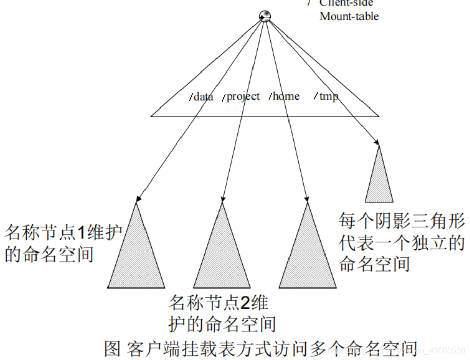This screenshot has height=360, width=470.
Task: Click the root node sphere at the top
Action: pyautogui.click(x=265, y=16)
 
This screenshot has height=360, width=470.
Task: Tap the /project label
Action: pyautogui.click(x=241, y=96)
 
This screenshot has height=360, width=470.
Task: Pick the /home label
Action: pyautogui.click(x=284, y=96)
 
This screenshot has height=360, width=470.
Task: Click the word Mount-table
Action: pyautogui.click(x=349, y=16)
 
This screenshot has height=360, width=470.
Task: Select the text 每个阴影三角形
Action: pyautogui.click(x=402, y=222)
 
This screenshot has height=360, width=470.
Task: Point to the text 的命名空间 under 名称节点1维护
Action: pyautogui.click(x=49, y=254)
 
